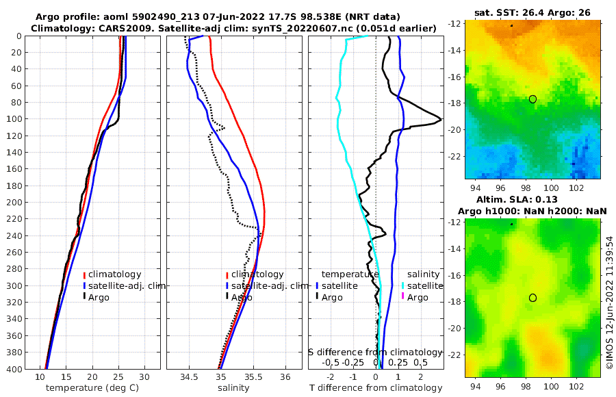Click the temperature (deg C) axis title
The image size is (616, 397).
[x=94, y=388]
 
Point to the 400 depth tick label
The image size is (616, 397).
[x=12, y=369]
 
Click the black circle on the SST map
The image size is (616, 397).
[x=532, y=99]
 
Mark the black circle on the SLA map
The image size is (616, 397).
[x=532, y=298]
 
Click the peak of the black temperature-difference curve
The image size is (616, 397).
[x=440, y=120]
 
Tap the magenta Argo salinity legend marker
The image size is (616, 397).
[x=402, y=297]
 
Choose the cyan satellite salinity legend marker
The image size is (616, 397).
[x=402, y=285]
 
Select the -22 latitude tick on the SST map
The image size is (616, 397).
[x=455, y=155]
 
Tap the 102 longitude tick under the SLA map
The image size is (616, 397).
[x=576, y=386]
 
